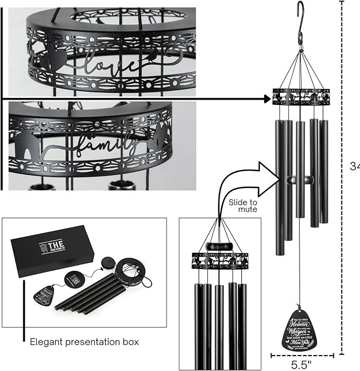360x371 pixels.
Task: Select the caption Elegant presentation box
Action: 84,342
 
